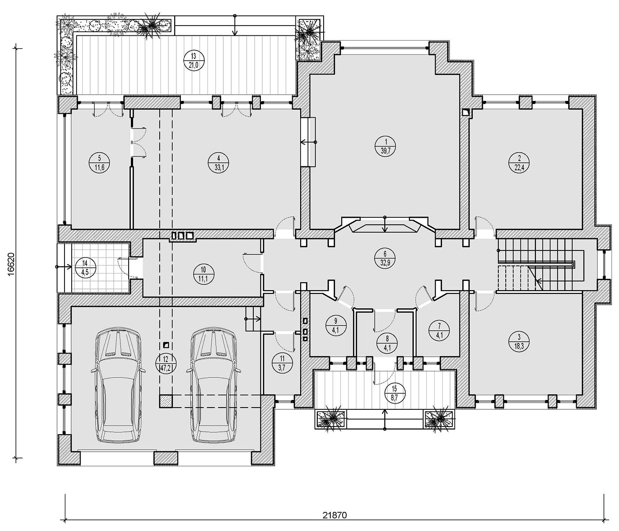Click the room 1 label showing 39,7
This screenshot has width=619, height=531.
click(x=385, y=146)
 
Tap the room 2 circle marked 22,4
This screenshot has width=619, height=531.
click(x=519, y=163)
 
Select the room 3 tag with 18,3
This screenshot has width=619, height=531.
click(x=519, y=341)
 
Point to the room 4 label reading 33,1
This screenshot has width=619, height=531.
click(x=218, y=163)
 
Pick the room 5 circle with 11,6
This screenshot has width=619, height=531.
click(x=99, y=163)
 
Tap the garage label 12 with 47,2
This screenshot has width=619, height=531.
click(x=166, y=363)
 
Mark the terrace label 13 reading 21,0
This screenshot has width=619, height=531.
click(x=194, y=61)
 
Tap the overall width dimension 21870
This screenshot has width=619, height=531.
click(x=335, y=516)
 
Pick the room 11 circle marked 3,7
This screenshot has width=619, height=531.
click(x=282, y=363)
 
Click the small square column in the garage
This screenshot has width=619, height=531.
click(x=166, y=345)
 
